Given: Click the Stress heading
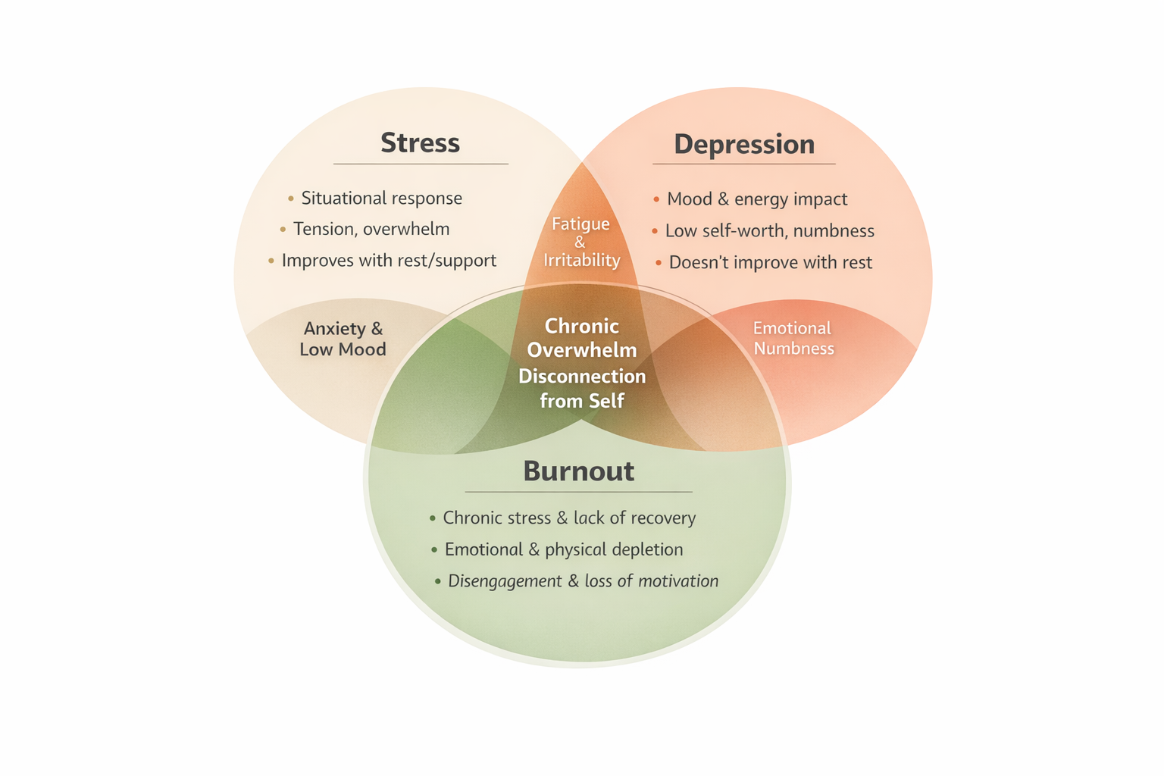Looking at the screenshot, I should (x=420, y=142).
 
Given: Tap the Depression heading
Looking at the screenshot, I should (x=744, y=144).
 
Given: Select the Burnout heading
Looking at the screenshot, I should (x=578, y=471).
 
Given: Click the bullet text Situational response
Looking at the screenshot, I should (x=381, y=198).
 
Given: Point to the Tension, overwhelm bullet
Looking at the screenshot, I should (x=371, y=229).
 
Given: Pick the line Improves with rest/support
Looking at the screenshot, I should (x=389, y=260).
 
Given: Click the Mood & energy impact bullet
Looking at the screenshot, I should (x=756, y=199).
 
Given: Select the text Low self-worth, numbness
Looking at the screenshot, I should (x=769, y=230).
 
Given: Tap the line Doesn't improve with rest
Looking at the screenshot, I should (x=770, y=262).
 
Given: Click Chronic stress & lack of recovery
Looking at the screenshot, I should (x=569, y=518).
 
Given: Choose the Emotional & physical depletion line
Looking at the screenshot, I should (x=563, y=549).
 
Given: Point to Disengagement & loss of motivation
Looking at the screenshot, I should (x=583, y=581).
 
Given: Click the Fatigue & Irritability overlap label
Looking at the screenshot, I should (x=581, y=242).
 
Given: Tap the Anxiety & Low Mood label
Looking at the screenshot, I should (x=343, y=339).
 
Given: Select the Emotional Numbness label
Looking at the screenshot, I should (x=793, y=338).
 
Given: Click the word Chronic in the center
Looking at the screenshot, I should (x=582, y=326).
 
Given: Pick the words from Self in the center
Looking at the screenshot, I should (x=582, y=400).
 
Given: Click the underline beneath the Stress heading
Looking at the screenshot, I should (x=421, y=164).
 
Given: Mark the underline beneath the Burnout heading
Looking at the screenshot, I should (x=578, y=492).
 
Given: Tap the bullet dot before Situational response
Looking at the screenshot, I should (x=291, y=199).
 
